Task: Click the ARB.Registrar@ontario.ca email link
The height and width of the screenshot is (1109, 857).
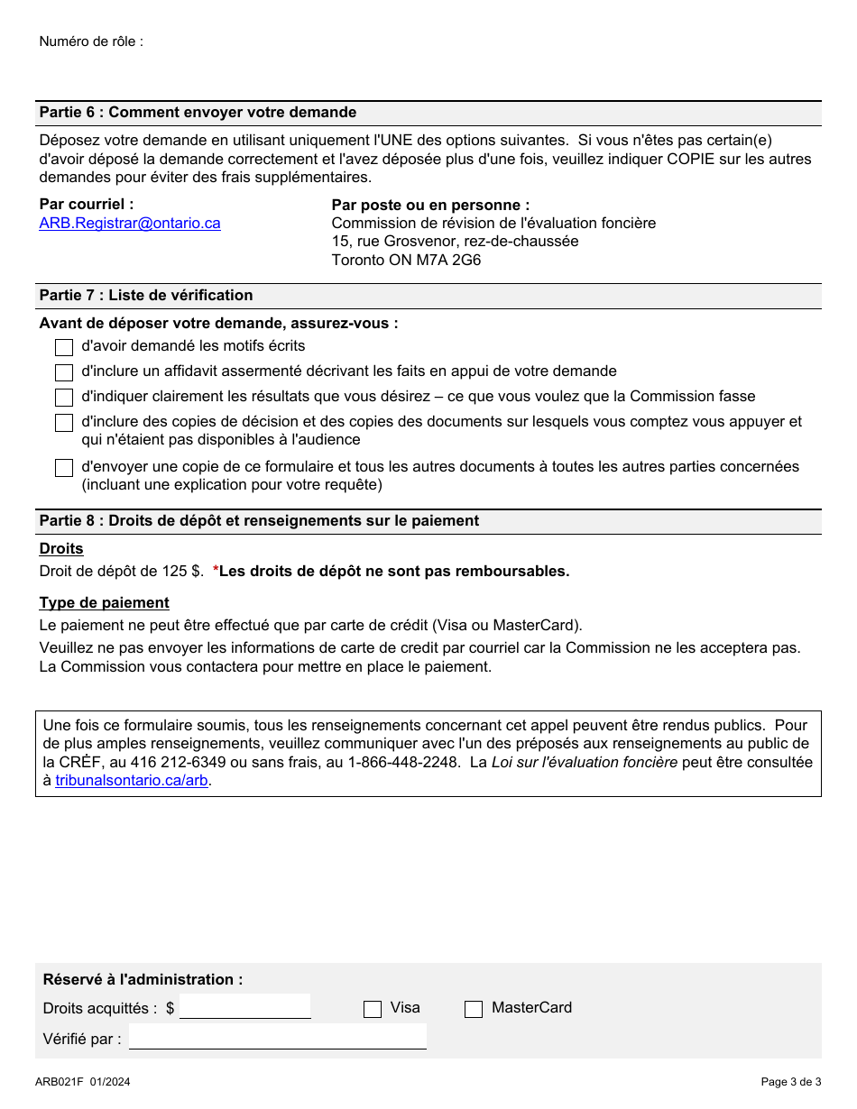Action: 129,224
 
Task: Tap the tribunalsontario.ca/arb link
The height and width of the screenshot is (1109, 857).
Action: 131,781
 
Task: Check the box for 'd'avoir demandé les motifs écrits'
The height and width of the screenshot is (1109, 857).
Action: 64,347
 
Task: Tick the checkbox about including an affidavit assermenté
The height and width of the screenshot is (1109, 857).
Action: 64,372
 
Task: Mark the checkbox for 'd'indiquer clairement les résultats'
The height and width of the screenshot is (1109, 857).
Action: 64,398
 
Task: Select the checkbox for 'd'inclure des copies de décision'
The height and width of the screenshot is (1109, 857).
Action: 64,423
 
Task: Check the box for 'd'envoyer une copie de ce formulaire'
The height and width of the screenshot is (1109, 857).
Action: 64,468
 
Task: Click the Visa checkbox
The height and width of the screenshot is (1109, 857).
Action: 373,1009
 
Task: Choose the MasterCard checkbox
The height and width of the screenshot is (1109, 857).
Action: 474,1009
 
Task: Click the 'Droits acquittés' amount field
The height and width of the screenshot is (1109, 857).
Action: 244,1006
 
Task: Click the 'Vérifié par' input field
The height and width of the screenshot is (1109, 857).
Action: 277,1037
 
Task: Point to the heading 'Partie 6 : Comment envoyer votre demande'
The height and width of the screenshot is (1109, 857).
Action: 198,113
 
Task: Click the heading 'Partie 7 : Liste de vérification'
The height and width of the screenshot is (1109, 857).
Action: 146,296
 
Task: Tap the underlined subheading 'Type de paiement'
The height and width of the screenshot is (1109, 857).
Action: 104,602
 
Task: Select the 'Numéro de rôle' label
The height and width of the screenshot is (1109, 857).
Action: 91,41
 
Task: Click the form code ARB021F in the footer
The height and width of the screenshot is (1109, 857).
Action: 60,1082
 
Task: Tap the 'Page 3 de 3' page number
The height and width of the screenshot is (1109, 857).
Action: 790,1082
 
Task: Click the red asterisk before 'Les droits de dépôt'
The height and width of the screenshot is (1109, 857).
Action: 216,570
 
